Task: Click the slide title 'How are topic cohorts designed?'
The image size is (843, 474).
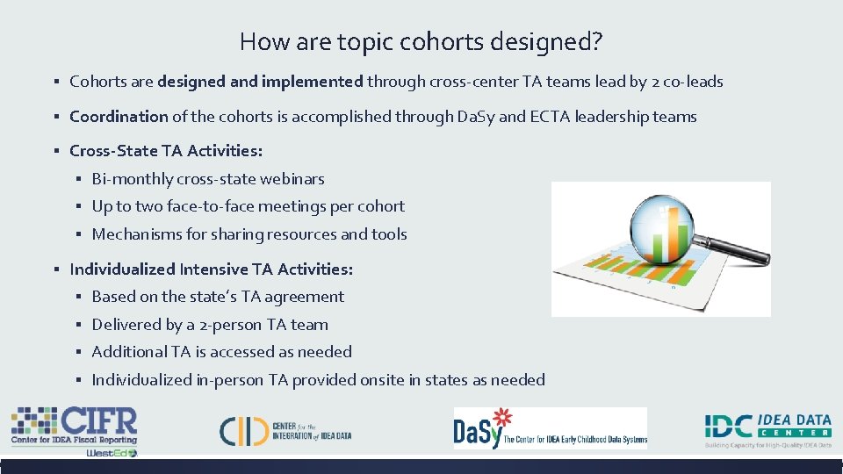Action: pos(421,41)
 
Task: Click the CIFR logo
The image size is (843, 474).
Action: pos(75,426)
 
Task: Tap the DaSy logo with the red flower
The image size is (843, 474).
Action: pos(550,428)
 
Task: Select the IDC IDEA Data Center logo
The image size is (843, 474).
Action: pos(767,429)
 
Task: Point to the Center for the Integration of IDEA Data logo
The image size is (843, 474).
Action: pos(285,429)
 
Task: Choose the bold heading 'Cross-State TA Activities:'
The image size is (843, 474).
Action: pos(166,151)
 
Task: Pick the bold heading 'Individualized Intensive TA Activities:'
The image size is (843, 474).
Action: pos(212,269)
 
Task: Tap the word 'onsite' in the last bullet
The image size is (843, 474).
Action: pos(446,380)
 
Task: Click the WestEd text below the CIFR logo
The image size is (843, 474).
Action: pos(111,453)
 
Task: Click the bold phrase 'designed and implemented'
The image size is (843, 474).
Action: pos(260,82)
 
